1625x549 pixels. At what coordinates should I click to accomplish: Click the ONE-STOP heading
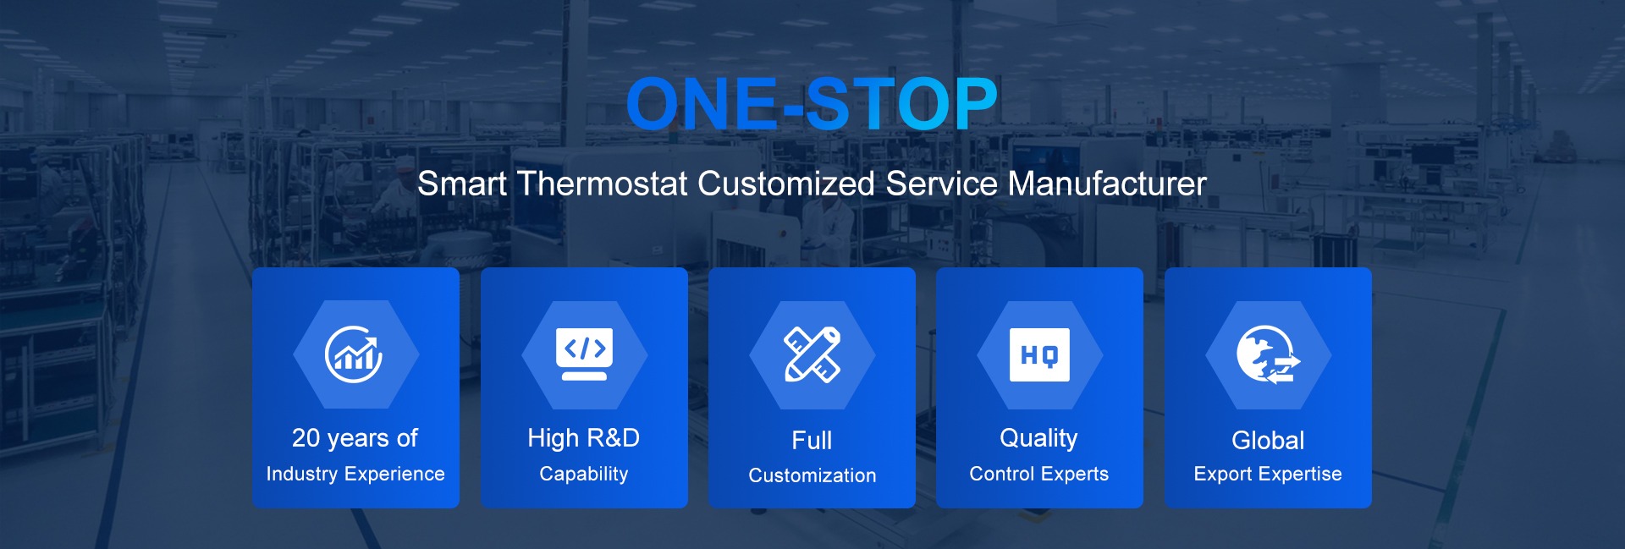[x=812, y=104]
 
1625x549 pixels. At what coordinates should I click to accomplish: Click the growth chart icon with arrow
[x=355, y=354]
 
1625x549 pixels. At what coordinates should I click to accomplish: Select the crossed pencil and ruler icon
[x=812, y=354]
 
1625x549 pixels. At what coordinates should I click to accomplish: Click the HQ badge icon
[x=1039, y=354]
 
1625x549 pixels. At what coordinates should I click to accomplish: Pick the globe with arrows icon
[x=1268, y=354]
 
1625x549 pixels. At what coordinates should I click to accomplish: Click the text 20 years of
[x=355, y=438]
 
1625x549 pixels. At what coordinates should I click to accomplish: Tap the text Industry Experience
[x=355, y=474]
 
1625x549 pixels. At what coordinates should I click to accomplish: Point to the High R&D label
[x=583, y=438]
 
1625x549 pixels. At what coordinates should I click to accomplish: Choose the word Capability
[x=584, y=474]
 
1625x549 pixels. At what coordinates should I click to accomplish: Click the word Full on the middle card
[x=812, y=440]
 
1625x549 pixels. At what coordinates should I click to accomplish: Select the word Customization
[x=812, y=475]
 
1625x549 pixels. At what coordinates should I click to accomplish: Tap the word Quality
[x=1038, y=438]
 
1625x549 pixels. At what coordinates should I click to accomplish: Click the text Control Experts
[x=1039, y=474]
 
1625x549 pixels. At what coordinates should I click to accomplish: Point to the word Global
[x=1268, y=440]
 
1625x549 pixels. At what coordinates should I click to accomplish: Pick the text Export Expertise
[x=1268, y=474]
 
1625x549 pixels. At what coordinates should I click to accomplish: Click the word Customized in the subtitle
[x=786, y=184]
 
